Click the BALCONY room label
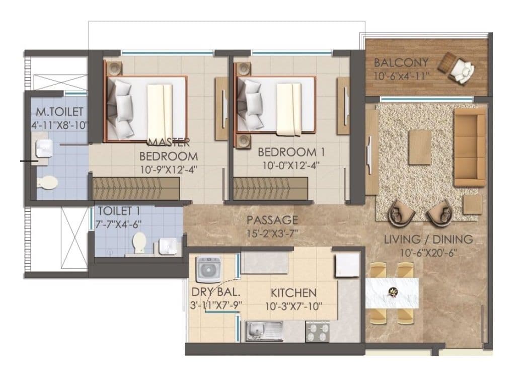pos(401,63)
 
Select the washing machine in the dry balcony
pos(207,270)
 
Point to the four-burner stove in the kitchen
pos(318,332)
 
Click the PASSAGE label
pos(272,220)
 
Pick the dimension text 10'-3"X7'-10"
pos(293,306)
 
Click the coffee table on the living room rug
pos(420,146)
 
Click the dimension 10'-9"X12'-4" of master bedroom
pos(169,169)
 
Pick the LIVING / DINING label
pos(428,240)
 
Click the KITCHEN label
pos(293,292)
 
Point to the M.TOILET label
pos(59,111)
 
